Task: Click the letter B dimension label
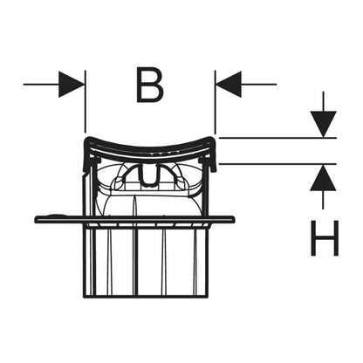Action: tap(150, 85)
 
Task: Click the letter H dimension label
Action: tap(325, 238)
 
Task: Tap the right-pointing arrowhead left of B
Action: tap(72, 85)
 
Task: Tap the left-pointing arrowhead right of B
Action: tap(229, 85)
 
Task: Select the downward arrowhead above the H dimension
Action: tap(323, 124)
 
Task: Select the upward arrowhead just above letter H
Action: tap(323, 178)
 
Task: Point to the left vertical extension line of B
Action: tap(85, 101)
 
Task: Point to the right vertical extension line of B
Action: tap(215, 101)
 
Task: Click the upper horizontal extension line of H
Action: tap(277, 138)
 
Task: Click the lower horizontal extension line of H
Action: tap(277, 164)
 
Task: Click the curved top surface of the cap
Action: tap(150, 145)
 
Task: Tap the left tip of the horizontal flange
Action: tap(35, 219)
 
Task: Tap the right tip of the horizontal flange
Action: tap(234, 220)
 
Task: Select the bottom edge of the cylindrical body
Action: tap(147, 297)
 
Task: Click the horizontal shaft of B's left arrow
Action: tap(41, 85)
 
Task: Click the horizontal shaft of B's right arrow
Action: tap(258, 85)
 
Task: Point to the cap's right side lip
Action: tap(213, 155)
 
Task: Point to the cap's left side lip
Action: tap(86, 155)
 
